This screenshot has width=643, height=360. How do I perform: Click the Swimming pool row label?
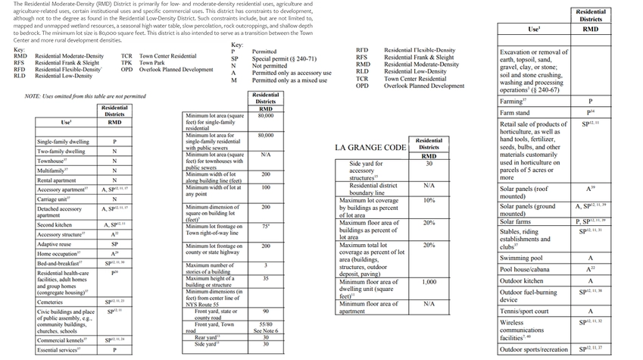click(x=521, y=258)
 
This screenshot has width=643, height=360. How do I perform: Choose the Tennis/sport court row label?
click(x=524, y=311)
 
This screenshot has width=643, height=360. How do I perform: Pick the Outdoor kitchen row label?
click(x=521, y=280)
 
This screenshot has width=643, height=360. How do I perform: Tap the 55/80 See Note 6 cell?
click(x=265, y=327)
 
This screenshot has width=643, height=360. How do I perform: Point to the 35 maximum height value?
click(x=265, y=278)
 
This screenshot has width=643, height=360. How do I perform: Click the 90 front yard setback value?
click(x=265, y=311)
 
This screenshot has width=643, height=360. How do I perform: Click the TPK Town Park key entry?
click(x=148, y=63)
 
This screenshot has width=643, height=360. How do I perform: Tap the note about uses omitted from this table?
click(x=85, y=97)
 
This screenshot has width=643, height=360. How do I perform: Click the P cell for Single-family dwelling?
click(x=114, y=142)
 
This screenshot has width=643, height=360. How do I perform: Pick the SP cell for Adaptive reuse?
click(x=114, y=245)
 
